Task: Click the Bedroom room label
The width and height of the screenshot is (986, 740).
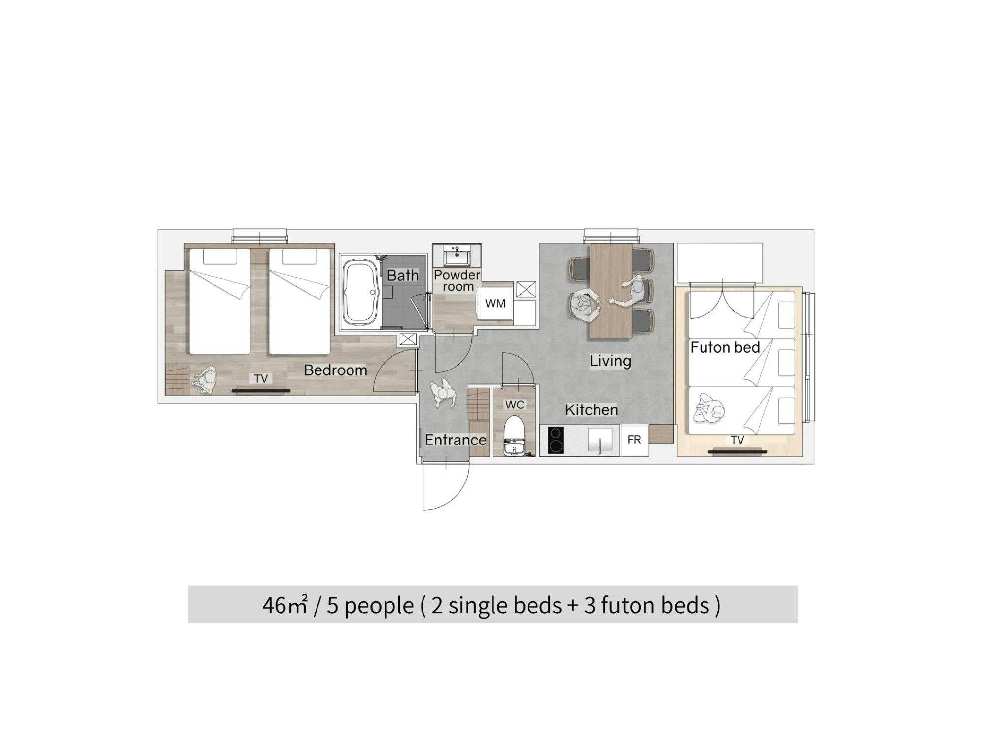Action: [335, 370]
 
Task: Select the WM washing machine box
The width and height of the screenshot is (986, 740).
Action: [495, 303]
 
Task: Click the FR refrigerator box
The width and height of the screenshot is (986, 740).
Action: [634, 439]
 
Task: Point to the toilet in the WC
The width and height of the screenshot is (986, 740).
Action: [514, 436]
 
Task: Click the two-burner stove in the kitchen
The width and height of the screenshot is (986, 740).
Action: [556, 440]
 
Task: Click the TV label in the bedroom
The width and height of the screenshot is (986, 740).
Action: [261, 378]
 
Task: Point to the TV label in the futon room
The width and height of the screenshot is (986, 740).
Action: [738, 440]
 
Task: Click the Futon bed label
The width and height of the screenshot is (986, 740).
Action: [725, 347]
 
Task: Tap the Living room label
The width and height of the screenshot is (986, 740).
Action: [610, 361]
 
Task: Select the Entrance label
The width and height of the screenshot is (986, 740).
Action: [456, 440]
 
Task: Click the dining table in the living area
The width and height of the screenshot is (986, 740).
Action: [611, 291]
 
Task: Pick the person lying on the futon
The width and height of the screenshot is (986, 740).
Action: [709, 409]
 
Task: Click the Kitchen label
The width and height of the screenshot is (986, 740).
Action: [591, 410]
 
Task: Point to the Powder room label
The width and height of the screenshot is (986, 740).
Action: [457, 280]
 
